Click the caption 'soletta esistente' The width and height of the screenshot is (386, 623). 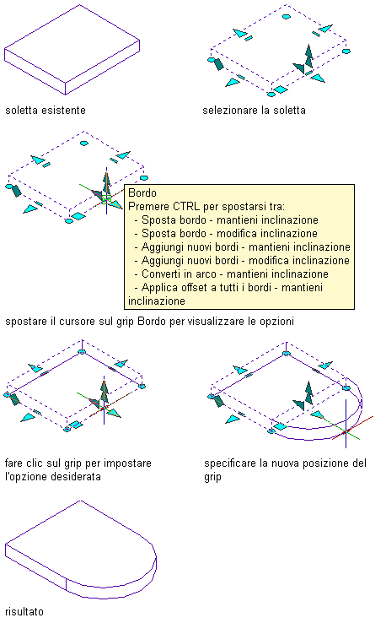(x=46, y=110)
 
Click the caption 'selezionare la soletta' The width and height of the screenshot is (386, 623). (x=254, y=110)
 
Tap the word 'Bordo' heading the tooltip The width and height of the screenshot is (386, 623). (x=142, y=193)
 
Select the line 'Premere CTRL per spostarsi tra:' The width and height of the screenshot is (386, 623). (x=206, y=207)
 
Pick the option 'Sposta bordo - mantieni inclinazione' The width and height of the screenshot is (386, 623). (x=230, y=220)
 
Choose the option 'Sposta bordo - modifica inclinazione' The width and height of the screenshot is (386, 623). (x=229, y=234)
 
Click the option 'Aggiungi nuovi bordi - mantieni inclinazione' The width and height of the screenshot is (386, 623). (x=245, y=247)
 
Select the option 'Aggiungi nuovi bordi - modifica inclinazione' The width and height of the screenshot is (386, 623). (x=245, y=261)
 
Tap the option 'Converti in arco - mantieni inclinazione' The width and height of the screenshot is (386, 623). (x=235, y=274)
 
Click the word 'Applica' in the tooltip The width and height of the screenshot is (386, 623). (x=158, y=288)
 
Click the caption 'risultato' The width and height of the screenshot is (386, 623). (x=24, y=611)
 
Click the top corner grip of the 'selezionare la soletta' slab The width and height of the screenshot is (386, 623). (x=286, y=17)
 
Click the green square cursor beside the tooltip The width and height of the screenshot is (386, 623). (x=106, y=199)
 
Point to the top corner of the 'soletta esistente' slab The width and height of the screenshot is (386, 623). (x=80, y=5)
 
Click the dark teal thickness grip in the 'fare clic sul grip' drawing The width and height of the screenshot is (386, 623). (x=15, y=398)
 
